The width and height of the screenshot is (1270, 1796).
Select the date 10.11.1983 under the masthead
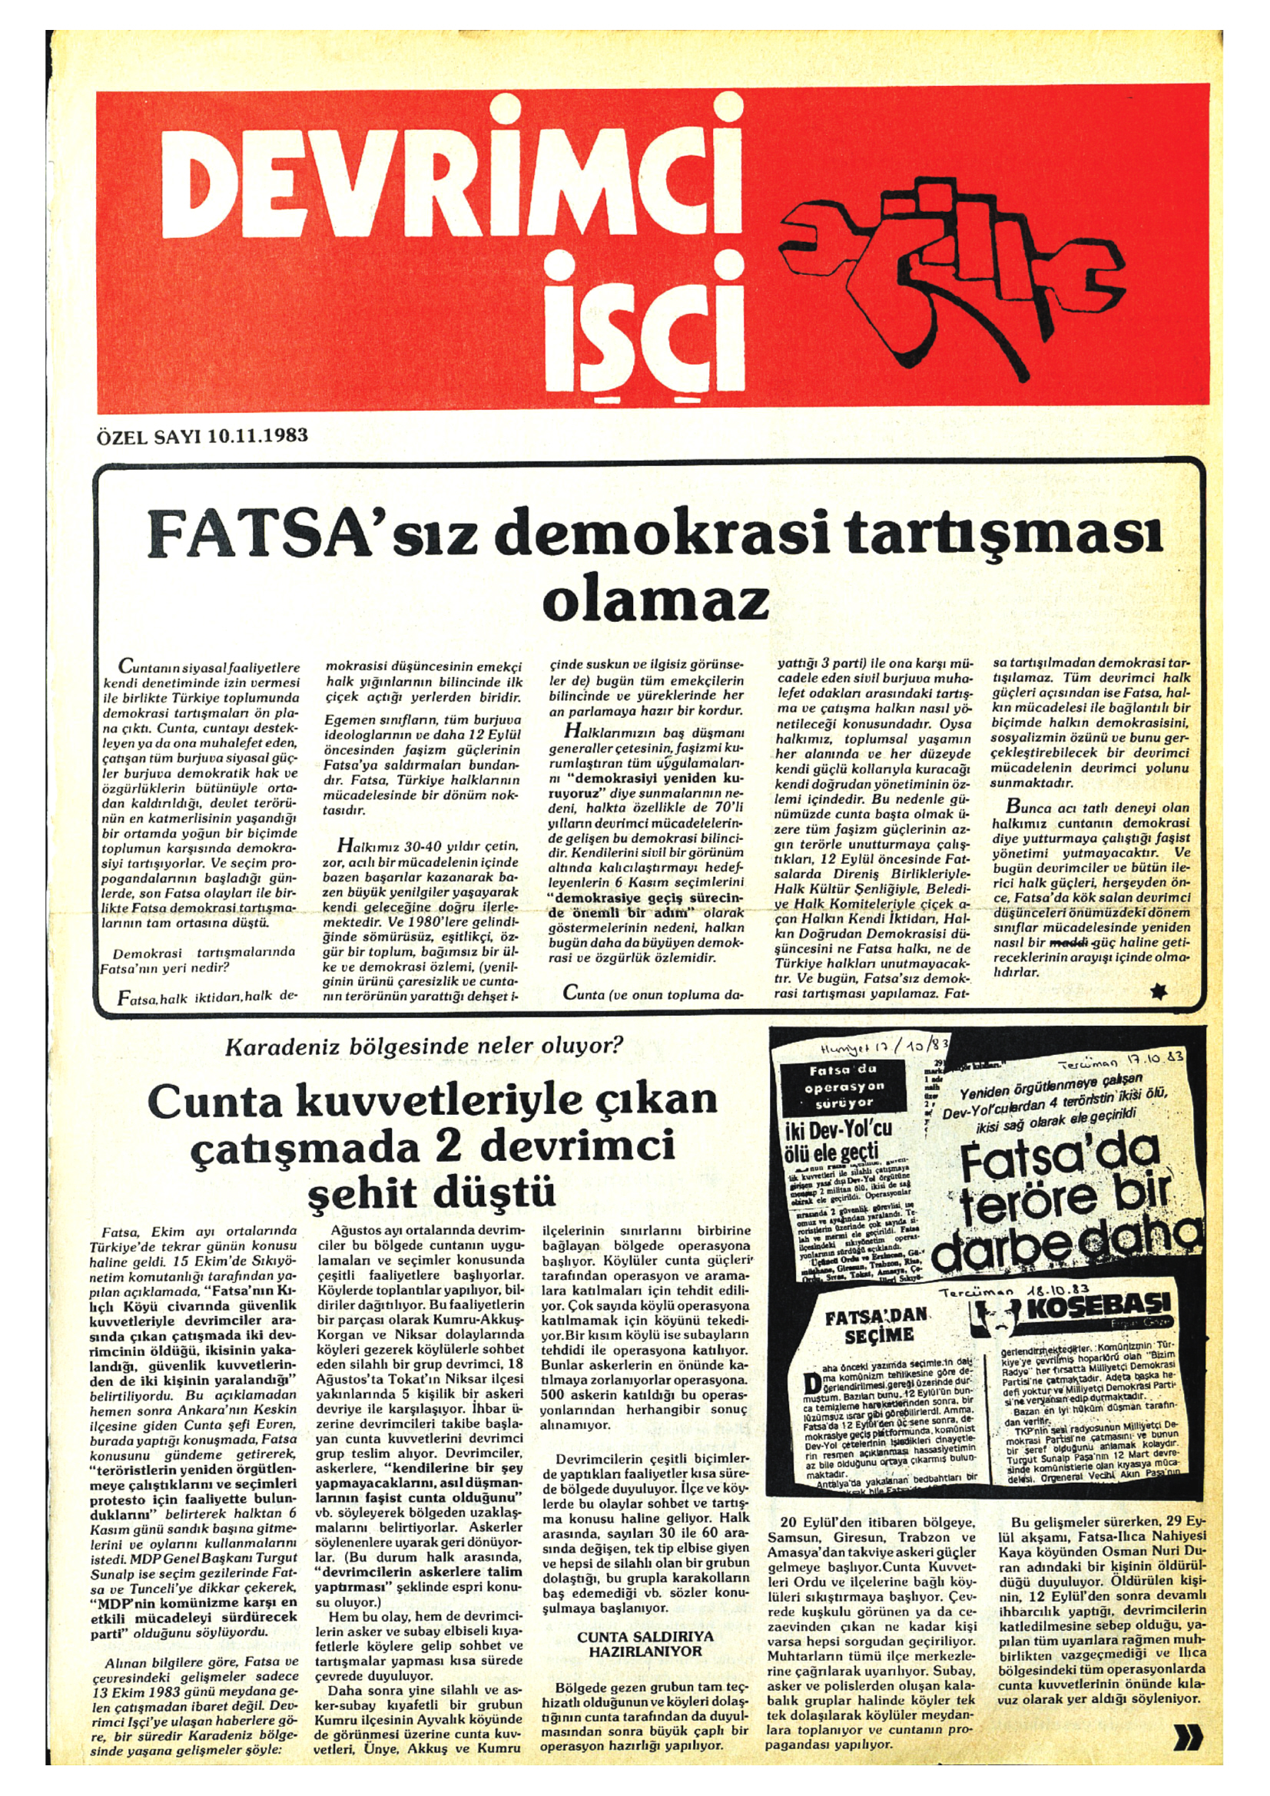click(x=257, y=435)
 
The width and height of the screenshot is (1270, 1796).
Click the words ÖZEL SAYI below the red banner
click(x=150, y=435)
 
